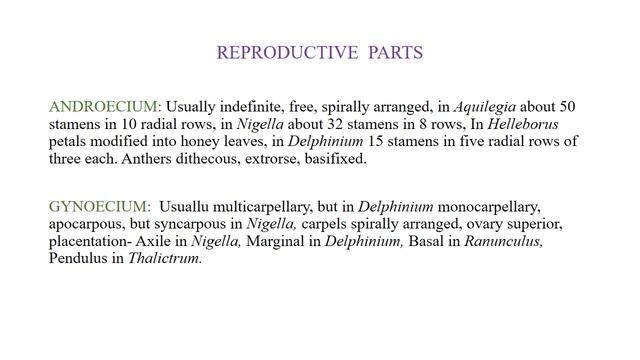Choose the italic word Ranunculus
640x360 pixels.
(507, 240)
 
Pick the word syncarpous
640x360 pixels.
(190, 223)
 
